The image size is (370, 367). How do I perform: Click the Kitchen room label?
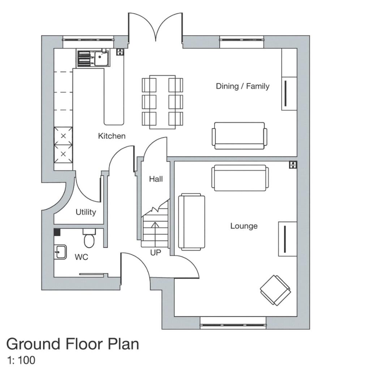point(112,136)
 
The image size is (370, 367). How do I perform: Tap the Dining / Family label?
point(242,86)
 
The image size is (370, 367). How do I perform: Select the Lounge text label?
point(244,226)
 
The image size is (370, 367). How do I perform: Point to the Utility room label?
point(86,212)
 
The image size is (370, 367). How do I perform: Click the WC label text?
point(81,257)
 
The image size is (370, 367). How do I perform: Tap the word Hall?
point(156,179)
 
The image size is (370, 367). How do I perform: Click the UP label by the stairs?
point(155,253)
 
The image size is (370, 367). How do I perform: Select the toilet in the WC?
point(89,238)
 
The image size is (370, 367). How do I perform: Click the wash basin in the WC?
point(60,252)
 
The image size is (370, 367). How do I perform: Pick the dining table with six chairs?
point(163,102)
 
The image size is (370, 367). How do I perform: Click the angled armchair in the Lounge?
point(275,290)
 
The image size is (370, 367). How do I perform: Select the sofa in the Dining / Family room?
point(240,136)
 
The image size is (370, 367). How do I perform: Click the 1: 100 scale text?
point(21,360)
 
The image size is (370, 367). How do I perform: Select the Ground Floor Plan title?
point(72,344)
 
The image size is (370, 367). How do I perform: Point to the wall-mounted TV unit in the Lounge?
point(287,239)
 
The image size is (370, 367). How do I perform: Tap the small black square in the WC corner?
point(57,232)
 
